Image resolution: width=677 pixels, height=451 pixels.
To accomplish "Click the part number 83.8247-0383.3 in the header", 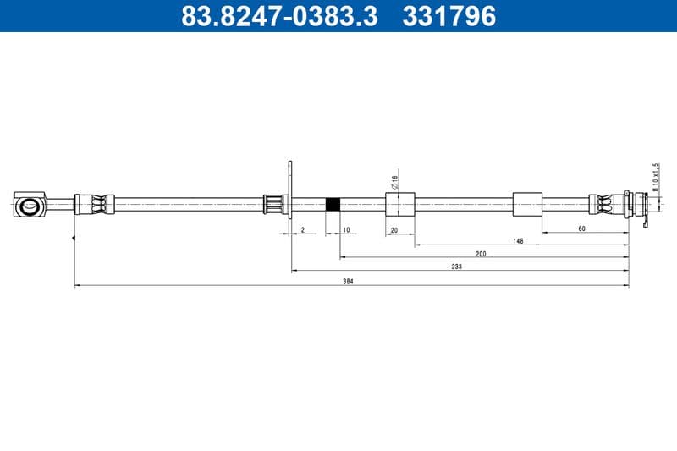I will pos(279,15).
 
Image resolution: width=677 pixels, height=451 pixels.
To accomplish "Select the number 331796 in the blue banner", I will pos(449,15).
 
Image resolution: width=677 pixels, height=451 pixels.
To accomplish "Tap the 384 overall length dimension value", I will pos(348,280).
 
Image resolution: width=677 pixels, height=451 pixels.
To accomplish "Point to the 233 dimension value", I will pos(456,266).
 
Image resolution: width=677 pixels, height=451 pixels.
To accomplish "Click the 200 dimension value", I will pos(481,253).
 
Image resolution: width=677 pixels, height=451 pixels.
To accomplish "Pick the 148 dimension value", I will pos(518,241).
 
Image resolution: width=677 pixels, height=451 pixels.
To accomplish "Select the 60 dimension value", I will pos(581,228).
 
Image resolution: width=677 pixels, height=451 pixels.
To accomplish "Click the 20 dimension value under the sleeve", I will pos(394,229).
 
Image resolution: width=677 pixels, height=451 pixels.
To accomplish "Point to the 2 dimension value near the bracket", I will pos(302,229).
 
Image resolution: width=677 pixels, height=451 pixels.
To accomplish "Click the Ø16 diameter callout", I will pos(394,180).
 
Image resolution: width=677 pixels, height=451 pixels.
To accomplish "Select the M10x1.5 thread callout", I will pos(655,175).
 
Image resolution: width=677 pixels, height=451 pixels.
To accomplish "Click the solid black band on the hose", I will pos(333,204).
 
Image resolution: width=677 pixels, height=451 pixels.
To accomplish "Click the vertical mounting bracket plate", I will pos(290,195).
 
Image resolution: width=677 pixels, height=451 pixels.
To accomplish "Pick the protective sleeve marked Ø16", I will pos(399,204).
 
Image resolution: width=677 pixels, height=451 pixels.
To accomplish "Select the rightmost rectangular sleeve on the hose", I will pos(527,204).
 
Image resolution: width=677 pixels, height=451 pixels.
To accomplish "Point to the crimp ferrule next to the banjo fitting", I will pos(94,204).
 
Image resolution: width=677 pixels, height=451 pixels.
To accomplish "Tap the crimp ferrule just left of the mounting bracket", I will pos(273,204).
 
